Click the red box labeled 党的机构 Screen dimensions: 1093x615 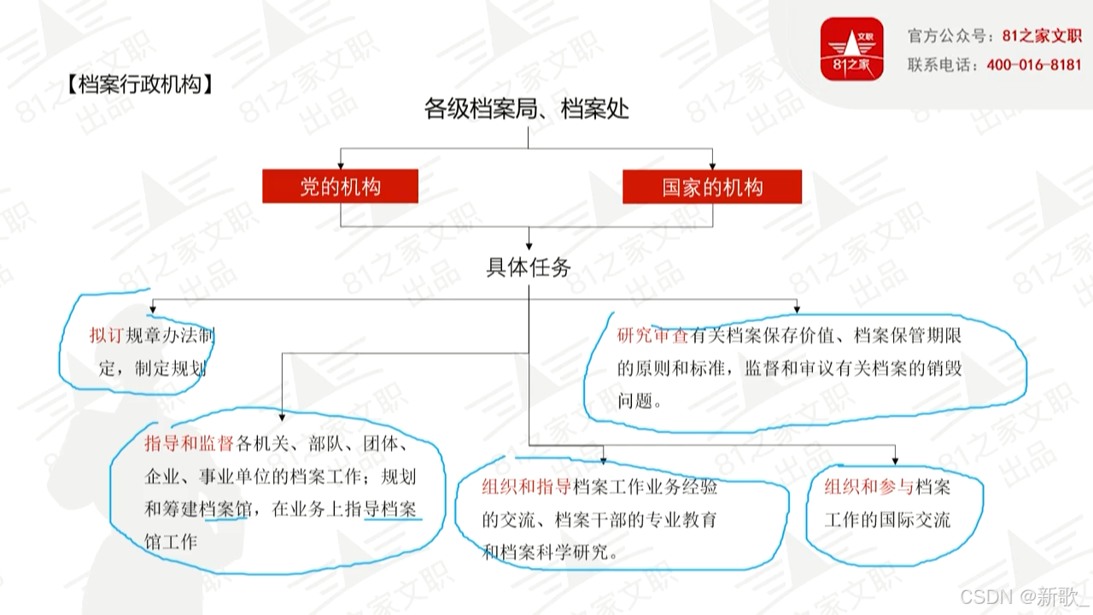(x=340, y=187)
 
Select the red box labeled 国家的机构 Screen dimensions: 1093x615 (x=712, y=187)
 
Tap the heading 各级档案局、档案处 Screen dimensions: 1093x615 (x=527, y=108)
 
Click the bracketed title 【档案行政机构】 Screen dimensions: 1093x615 (x=137, y=85)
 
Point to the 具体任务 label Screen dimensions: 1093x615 (x=529, y=267)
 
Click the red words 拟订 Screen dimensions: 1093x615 (x=107, y=335)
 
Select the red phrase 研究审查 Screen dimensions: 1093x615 (x=653, y=335)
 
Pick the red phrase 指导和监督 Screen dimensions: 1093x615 (x=189, y=443)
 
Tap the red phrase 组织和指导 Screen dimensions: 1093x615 (x=527, y=488)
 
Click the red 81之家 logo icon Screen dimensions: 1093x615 (x=851, y=50)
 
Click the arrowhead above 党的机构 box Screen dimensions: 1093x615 (x=341, y=165)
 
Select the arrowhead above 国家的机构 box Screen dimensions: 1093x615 (x=712, y=165)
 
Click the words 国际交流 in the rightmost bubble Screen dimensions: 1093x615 (x=919, y=519)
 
